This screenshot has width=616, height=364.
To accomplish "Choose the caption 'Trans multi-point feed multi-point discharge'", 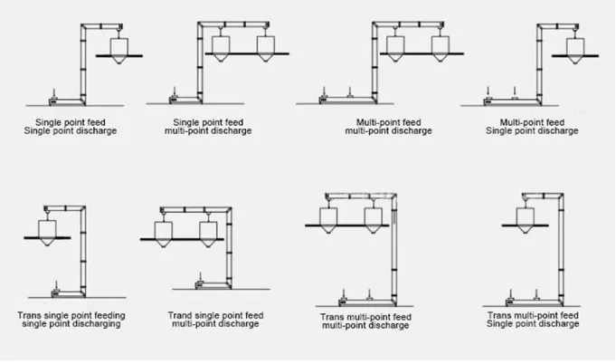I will coord(365,322).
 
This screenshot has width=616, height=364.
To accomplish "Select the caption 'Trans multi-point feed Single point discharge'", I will coord(533,320).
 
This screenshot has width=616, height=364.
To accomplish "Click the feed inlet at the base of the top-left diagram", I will coord(55,95).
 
